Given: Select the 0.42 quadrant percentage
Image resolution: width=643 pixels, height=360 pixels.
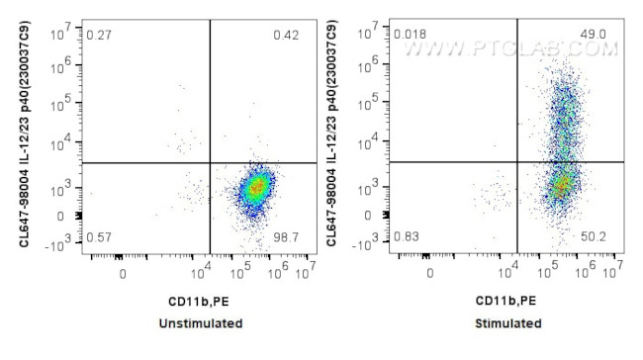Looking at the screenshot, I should click(x=287, y=37).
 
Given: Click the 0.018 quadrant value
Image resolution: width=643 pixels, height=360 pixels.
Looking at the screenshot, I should click(x=411, y=37).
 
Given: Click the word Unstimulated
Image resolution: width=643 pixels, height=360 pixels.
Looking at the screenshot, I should click(x=202, y=323).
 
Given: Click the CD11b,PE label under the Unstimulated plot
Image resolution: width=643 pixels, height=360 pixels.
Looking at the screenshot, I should click(x=202, y=301).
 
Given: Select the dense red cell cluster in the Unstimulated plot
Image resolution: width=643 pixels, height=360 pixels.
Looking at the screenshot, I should click(x=257, y=185).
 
